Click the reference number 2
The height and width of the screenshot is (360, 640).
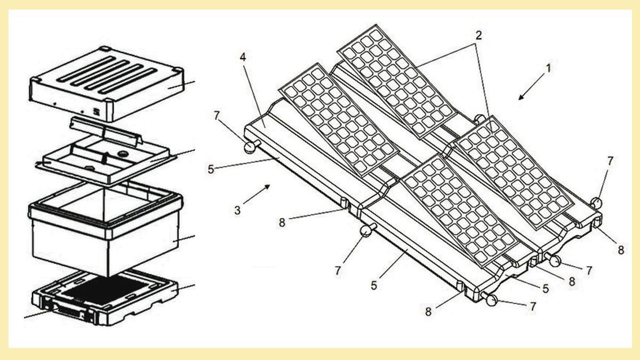[478, 36]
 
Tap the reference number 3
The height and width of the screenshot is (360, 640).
[237, 210]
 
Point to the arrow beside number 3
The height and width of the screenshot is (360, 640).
[261, 193]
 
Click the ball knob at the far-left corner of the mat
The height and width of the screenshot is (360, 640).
[249, 148]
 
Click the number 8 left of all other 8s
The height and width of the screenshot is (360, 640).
[282, 221]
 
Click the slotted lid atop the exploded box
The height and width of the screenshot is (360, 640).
[107, 83]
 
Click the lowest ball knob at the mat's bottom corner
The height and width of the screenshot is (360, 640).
[491, 301]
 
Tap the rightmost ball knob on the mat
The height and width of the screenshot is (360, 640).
[596, 202]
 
